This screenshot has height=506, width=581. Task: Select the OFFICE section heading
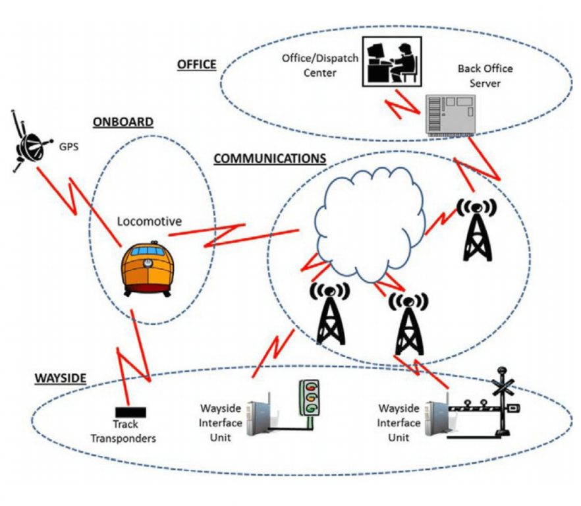click(x=196, y=65)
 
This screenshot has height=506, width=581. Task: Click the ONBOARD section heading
click(x=123, y=122)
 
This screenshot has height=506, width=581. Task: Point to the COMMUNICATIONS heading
click(x=269, y=159)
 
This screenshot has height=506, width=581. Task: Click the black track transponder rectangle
click(x=130, y=412)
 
